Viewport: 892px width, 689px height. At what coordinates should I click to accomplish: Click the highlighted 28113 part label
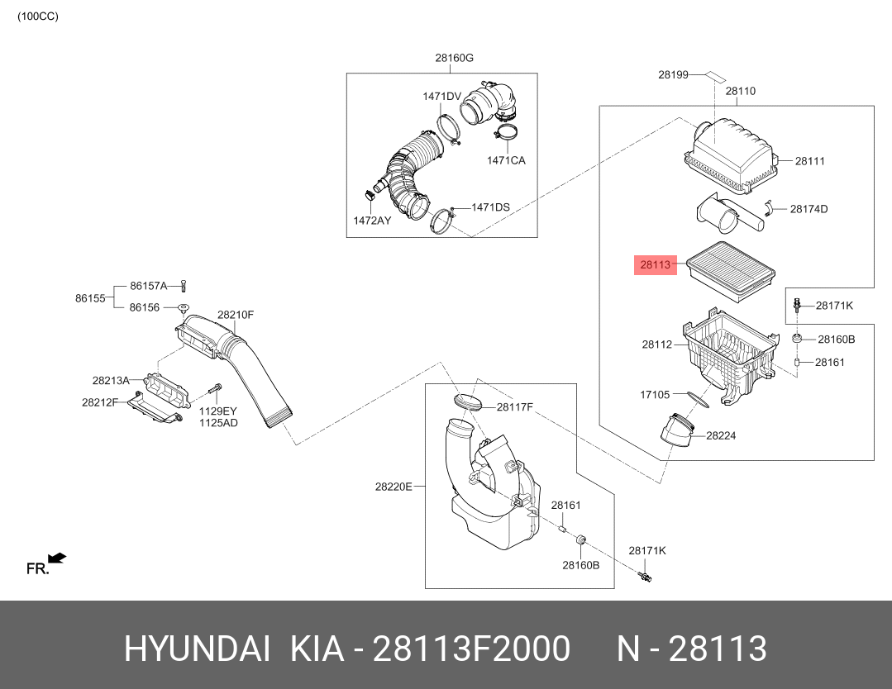[656, 265]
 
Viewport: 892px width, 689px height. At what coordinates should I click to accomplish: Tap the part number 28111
[809, 161]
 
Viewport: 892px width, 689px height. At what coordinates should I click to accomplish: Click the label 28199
[673, 74]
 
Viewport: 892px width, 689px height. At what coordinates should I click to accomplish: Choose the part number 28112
[657, 344]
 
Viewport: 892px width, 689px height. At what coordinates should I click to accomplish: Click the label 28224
[721, 435]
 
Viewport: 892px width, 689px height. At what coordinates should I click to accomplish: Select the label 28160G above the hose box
[454, 58]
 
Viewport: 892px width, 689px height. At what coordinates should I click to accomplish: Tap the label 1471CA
[506, 160]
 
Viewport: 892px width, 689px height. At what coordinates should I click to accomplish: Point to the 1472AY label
[372, 221]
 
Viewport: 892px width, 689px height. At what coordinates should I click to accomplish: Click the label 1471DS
[490, 207]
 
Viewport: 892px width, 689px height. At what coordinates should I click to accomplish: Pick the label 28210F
[236, 315]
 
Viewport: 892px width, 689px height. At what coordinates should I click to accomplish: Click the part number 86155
[90, 298]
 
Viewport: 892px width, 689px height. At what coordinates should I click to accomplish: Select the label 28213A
[111, 381]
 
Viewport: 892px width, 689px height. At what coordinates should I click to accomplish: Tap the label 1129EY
[218, 411]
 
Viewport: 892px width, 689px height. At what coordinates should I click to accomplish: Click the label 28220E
[394, 487]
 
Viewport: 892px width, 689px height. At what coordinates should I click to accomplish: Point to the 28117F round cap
[469, 402]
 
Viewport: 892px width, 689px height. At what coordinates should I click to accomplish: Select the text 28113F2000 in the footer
[471, 649]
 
